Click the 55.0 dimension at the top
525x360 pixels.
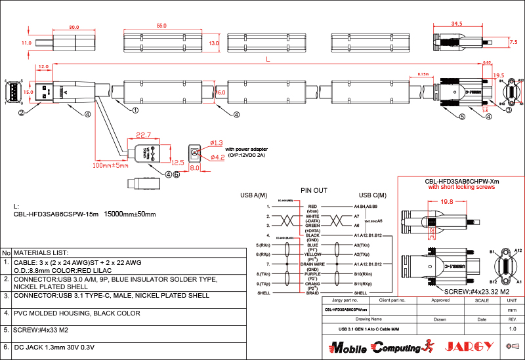coord(161,26)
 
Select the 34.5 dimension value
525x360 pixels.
coord(457,24)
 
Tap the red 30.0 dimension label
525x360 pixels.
coord(73,28)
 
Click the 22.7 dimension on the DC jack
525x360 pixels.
coord(143,136)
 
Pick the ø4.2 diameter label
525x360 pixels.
coord(217,157)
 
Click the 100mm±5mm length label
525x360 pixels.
coord(110,166)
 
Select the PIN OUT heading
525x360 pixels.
coord(313,190)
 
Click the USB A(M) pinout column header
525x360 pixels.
coord(253,195)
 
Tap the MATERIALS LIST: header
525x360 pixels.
coord(41,252)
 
